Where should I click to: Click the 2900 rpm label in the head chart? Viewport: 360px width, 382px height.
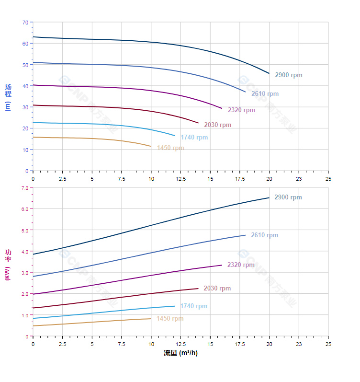click(288, 75)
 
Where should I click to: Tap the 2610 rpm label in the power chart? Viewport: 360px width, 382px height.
click(264, 235)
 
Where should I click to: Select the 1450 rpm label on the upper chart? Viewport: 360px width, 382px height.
click(170, 148)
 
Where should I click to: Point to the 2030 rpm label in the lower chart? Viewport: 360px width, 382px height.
click(217, 289)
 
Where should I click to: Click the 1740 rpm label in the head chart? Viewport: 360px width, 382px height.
click(194, 138)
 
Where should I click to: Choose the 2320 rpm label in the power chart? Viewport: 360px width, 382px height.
click(241, 265)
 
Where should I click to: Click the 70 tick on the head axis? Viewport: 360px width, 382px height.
click(25, 23)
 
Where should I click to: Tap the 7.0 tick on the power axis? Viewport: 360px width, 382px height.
click(25, 188)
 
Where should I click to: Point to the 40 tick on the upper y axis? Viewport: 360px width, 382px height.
click(25, 86)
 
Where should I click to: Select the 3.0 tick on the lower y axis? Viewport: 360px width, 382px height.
click(25, 273)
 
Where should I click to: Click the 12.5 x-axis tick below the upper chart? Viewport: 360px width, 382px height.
click(180, 178)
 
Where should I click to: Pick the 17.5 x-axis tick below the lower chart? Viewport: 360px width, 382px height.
click(240, 344)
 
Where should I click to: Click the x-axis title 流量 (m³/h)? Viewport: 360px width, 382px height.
click(180, 353)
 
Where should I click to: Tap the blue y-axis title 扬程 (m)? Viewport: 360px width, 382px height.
click(8, 97)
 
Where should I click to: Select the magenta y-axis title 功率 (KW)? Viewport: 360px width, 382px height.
click(8, 265)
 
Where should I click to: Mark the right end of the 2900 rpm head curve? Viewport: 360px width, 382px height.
click(269, 73)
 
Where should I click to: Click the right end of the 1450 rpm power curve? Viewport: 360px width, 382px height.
click(151, 319)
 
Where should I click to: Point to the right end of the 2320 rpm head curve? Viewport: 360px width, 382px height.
click(222, 108)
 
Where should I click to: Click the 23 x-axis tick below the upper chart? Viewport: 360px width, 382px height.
click(299, 178)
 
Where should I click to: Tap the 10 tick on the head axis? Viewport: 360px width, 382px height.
click(25, 150)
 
